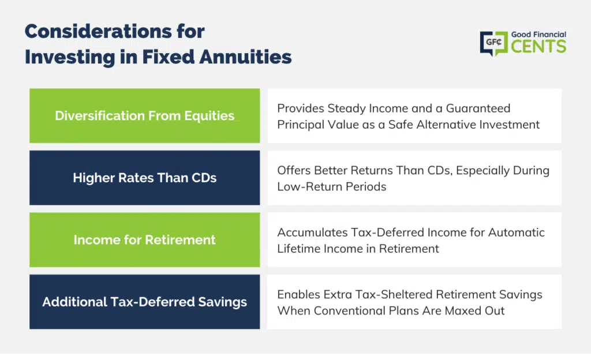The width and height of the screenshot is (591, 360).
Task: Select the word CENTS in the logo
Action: pos(538,47)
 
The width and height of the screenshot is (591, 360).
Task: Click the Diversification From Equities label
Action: pos(145,115)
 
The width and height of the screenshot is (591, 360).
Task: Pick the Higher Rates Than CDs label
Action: pos(145,178)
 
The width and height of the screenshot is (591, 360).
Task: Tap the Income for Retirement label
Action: pos(145,240)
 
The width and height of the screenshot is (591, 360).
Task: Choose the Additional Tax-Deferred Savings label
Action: pos(145,302)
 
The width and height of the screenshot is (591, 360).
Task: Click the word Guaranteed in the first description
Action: pos(478,108)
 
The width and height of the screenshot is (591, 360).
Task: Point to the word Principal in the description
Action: pos(300,125)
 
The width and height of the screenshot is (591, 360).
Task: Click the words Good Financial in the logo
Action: pos(538,35)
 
